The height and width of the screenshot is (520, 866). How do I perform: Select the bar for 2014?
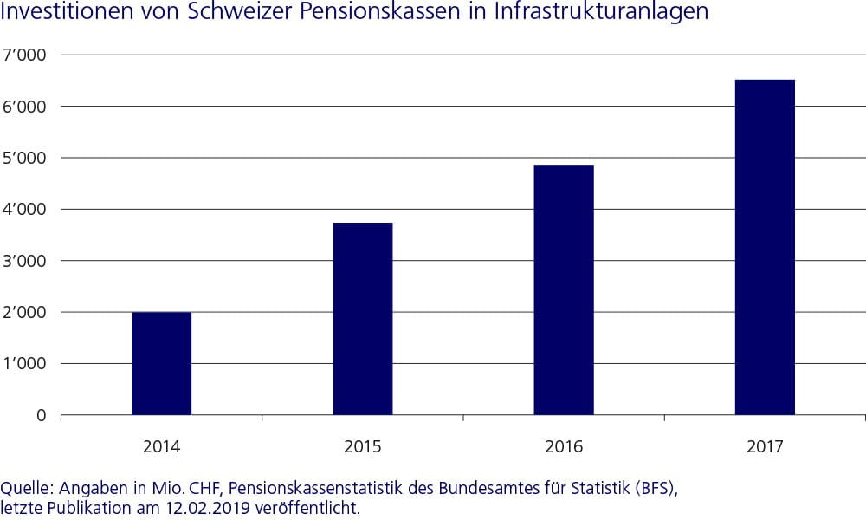coord(161,364)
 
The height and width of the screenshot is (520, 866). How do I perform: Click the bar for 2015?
coord(362,319)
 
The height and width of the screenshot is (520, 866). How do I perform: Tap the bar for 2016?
coord(563,290)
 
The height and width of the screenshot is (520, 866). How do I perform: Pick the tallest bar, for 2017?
coord(764,248)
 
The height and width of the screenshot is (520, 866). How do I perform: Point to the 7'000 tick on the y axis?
coord(29,55)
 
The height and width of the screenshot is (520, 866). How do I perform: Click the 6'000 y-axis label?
coord(29,107)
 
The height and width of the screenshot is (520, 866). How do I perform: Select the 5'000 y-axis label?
coord(29,158)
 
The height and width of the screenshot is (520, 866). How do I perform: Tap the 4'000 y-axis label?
coord(29,210)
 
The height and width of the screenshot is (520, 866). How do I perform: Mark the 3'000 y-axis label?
coord(29,261)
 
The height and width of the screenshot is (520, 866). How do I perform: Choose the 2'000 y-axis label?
coord(29,312)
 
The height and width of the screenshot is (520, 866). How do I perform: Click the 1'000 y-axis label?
coord(29,364)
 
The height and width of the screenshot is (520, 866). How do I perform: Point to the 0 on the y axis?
coord(42,415)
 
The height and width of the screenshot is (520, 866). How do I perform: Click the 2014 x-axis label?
coord(161,447)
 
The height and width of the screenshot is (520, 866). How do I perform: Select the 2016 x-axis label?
coord(563,447)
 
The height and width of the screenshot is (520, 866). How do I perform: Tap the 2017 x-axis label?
coord(764,447)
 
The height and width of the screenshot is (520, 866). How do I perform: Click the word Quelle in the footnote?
coord(23,488)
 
